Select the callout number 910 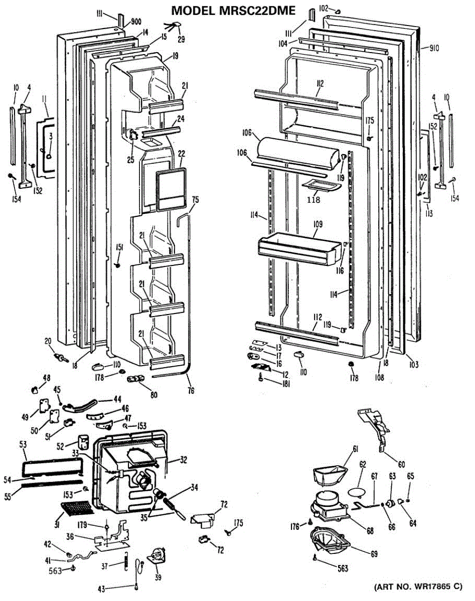pos(434,49)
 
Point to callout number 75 pos(195,200)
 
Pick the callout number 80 pos(154,394)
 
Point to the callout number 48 pos(47,378)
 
